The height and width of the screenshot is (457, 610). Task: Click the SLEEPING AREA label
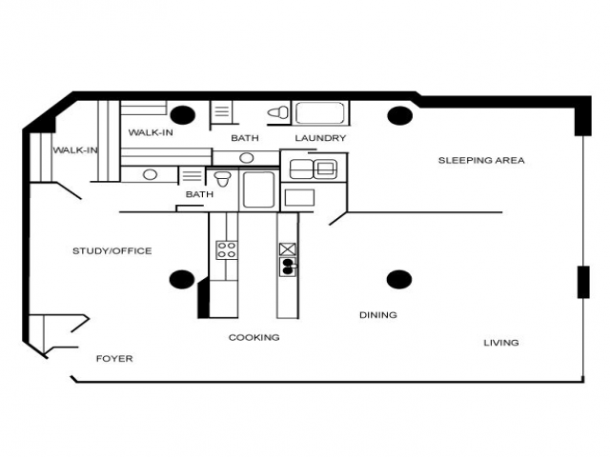(481, 160)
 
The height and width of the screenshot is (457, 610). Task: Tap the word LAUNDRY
(320, 138)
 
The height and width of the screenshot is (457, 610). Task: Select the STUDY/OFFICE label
(112, 251)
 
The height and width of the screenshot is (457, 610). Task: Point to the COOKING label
(254, 337)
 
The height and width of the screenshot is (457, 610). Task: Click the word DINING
(377, 315)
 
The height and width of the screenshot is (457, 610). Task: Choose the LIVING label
(500, 343)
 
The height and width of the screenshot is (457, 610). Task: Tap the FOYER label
(114, 358)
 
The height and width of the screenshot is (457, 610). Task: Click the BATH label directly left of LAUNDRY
(245, 138)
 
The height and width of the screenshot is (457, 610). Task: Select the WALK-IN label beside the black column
(151, 132)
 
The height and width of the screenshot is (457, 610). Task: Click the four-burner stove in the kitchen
(227, 249)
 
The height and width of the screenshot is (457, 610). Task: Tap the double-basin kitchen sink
(288, 267)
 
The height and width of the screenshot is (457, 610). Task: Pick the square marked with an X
(288, 249)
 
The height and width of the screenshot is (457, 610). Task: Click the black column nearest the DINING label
(399, 279)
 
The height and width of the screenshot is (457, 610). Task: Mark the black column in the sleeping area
(400, 115)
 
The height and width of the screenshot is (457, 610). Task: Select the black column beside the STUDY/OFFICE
(182, 279)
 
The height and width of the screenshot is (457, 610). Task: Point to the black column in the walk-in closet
(182, 115)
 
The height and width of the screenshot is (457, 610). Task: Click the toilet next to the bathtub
(278, 112)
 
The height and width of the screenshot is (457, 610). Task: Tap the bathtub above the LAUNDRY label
(320, 113)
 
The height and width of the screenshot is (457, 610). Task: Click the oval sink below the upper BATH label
(247, 158)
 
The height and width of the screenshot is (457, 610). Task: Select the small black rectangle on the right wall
(583, 282)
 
